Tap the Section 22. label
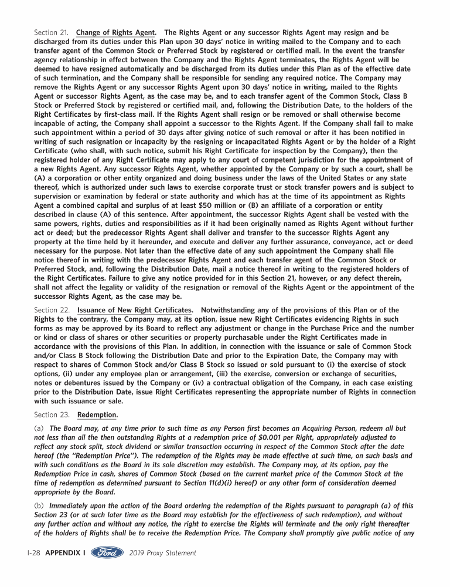(x=52, y=310)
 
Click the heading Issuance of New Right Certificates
(x=135, y=310)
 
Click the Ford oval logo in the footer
(x=107, y=552)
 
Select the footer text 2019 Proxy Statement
(x=162, y=553)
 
